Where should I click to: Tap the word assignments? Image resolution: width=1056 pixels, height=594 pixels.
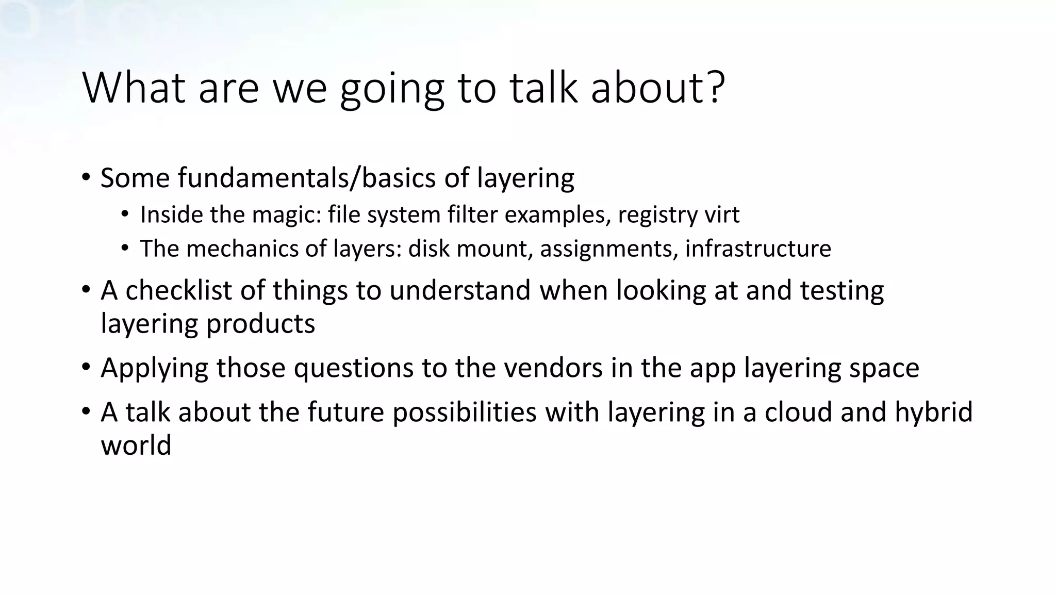tap(608, 249)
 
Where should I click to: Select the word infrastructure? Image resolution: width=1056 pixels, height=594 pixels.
tap(758, 249)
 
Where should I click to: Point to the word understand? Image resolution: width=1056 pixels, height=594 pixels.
tap(460, 290)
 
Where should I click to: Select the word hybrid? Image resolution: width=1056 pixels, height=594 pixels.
tap(933, 412)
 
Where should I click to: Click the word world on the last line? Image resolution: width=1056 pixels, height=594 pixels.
tap(136, 445)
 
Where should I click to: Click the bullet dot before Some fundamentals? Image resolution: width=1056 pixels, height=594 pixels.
tap(86, 178)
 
